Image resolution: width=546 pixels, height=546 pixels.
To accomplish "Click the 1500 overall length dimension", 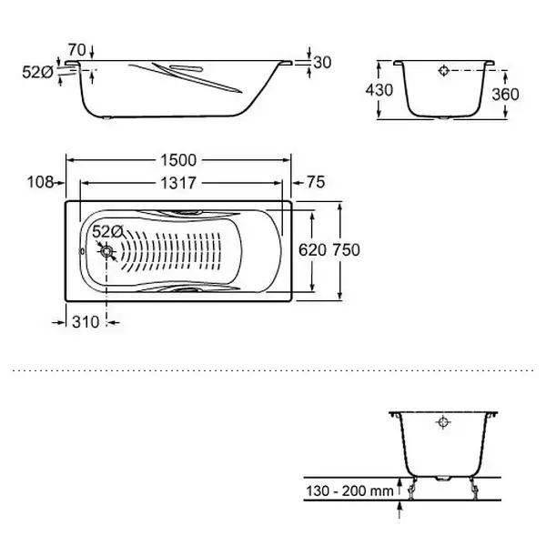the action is click(x=178, y=160).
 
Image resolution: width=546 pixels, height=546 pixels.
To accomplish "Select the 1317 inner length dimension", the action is click(x=178, y=183).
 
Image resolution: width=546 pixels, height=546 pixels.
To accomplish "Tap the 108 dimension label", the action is click(x=40, y=182).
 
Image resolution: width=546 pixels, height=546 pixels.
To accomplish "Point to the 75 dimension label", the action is click(x=316, y=182).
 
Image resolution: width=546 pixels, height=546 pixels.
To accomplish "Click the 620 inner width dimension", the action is click(x=312, y=250).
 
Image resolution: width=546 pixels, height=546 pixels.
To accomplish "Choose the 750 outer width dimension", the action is click(x=346, y=250).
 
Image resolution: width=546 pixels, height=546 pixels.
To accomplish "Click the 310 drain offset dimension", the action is click(x=86, y=322).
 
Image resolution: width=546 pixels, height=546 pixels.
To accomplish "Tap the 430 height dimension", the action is click(x=379, y=90).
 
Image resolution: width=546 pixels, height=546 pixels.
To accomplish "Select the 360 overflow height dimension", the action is click(x=505, y=95).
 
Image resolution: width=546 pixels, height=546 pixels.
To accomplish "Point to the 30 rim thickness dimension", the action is click(x=322, y=63).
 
